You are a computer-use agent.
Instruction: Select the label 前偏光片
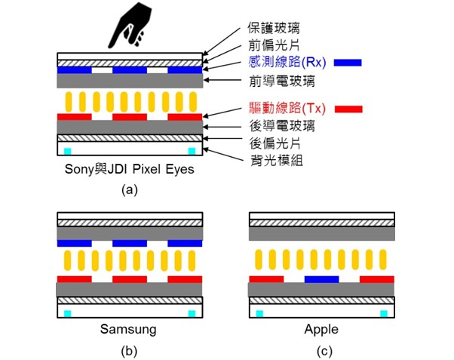[271, 47]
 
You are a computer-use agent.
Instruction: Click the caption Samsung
[129, 329]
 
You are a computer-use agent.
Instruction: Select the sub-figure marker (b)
[130, 351]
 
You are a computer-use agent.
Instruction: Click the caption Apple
[321, 329]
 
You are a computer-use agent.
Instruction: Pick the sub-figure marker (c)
[321, 351]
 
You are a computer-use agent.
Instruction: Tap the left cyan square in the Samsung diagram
[67, 312]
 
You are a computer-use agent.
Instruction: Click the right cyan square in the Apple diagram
[385, 312]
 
